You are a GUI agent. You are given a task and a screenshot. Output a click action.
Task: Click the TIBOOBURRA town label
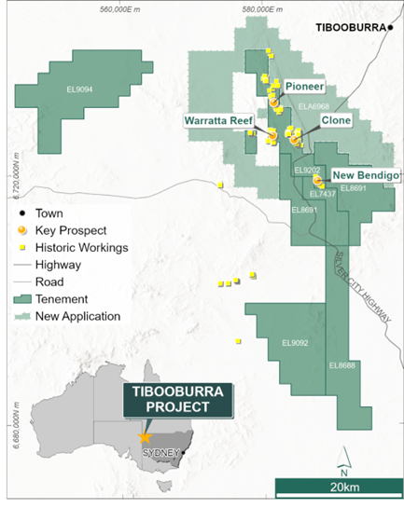click(x=349, y=28)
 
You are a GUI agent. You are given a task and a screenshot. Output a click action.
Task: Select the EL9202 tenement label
click(x=307, y=170)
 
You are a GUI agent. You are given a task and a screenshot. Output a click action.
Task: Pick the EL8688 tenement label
click(x=341, y=365)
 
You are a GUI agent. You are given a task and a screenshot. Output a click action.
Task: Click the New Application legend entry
click(x=77, y=316)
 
